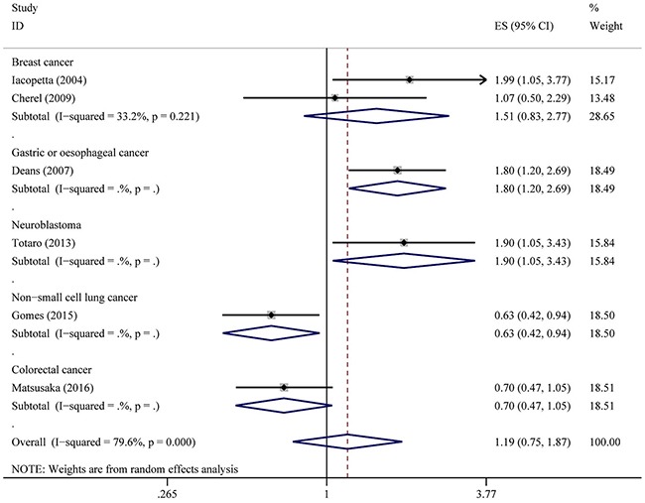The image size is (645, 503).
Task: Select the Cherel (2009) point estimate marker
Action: (334, 97)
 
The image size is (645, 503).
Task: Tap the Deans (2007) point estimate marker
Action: (397, 170)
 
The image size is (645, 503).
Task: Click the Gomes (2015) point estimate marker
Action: (270, 314)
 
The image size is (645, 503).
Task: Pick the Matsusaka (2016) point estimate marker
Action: (284, 387)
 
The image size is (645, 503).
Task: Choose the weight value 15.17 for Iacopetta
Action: (603, 79)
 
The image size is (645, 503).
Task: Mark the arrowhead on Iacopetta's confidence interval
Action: (481, 79)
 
